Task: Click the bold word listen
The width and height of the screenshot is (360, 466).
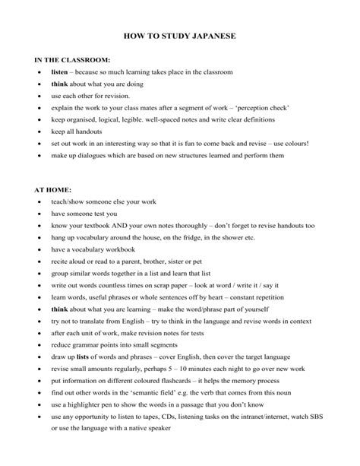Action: pos(60,71)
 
